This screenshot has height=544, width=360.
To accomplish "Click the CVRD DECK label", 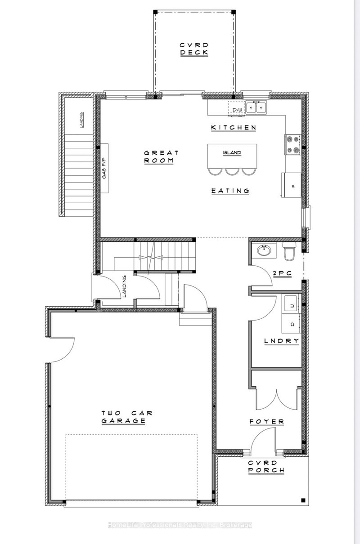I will [x=194, y=49].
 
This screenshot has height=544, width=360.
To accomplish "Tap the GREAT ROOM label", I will [x=161, y=156].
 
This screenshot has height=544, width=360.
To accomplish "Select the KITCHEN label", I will [x=234, y=128].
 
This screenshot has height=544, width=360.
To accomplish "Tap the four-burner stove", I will [x=293, y=144].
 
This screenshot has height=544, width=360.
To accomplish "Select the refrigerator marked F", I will [x=292, y=184].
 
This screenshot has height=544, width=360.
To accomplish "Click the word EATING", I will [x=230, y=191].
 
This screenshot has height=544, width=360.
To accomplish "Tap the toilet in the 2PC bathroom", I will [x=289, y=252].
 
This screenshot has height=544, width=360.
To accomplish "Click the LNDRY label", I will [x=281, y=341].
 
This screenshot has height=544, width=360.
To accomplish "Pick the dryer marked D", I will [x=291, y=324].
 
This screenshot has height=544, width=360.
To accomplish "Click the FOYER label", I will [x=267, y=422].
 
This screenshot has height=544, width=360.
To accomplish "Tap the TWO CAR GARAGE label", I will [x=123, y=417].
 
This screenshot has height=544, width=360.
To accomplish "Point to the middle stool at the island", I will [x=232, y=171].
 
